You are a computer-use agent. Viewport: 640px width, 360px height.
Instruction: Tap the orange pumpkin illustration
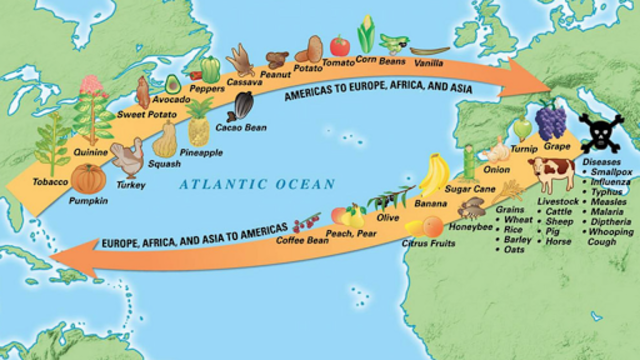pos(88,180)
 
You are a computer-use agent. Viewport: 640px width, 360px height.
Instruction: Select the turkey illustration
pos(128,158)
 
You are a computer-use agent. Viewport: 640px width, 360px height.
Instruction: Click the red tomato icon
pos(340,46)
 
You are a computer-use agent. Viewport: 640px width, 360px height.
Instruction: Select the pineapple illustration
pos(199,130)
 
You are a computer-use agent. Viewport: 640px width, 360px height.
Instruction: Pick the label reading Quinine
pos(92,152)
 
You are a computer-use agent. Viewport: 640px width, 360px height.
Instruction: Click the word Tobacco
pos(49,182)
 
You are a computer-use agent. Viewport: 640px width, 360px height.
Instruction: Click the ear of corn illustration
pos(366,36)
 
